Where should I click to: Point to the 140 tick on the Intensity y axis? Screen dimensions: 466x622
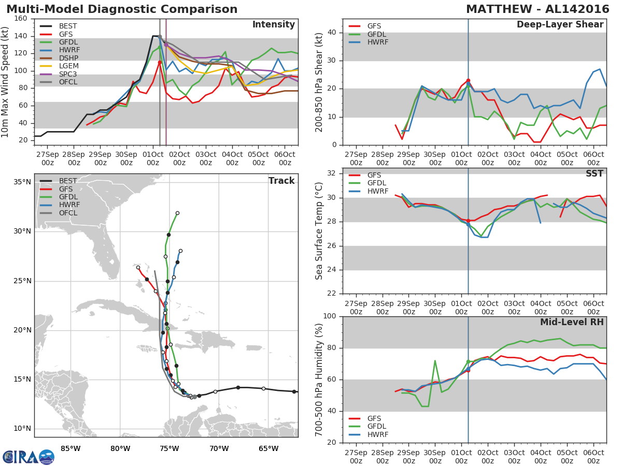pos(21,36)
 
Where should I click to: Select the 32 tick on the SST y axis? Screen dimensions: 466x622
pos(332,173)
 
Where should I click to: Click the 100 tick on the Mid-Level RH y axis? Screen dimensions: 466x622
pos(330,316)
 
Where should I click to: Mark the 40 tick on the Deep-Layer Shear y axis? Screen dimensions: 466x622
pos(332,33)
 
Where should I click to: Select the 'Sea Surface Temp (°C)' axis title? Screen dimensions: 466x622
pos(319,231)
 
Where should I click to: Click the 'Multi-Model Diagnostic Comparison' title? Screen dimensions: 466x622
pos(122,9)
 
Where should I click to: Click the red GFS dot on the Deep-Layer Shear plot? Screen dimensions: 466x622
pos(468,81)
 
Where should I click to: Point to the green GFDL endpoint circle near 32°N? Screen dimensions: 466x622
pos(177,213)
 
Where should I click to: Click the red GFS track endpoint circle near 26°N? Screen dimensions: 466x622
pos(138,268)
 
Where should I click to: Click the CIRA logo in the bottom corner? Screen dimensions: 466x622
pos(29,457)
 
